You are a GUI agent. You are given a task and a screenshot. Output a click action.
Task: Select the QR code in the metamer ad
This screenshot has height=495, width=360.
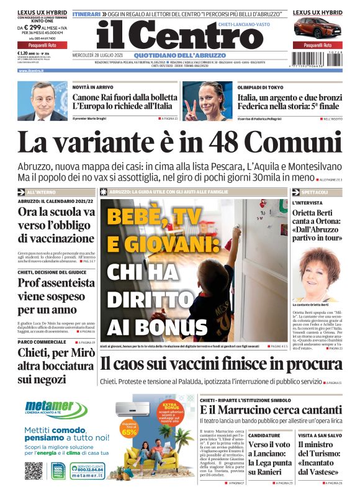pos(33,471)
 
